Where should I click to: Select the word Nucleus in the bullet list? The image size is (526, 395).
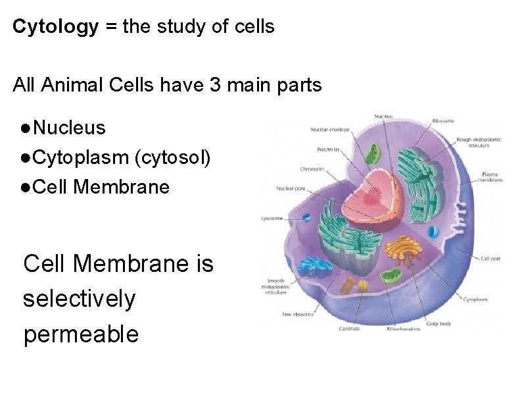[69, 127]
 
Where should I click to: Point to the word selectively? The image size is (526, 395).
[79, 300]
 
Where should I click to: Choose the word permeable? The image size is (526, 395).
[81, 334]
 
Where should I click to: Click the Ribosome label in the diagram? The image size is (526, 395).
[442, 120]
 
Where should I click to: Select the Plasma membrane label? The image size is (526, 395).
[492, 176]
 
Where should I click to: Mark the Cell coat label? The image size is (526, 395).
[491, 259]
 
